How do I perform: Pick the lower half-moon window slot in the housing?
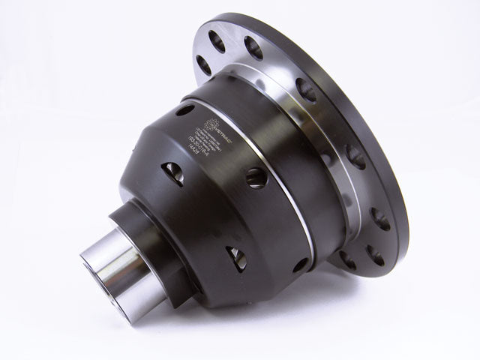(237, 257)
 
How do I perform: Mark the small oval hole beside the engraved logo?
(183, 110)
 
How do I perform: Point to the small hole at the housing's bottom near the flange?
(299, 265)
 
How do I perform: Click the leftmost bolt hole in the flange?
(203, 63)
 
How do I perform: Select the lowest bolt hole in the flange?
(348, 259)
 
